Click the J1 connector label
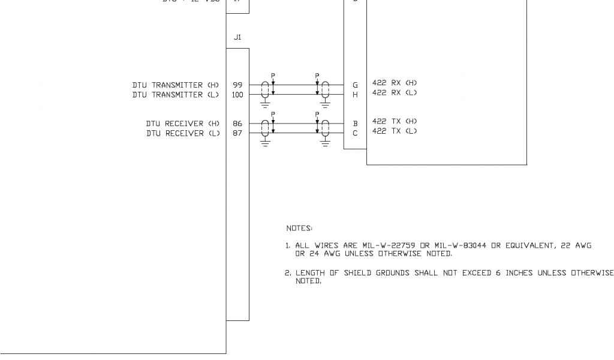pyautogui.click(x=237, y=37)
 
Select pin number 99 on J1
pyautogui.click(x=237, y=85)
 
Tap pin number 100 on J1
pyautogui.click(x=237, y=95)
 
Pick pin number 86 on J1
pyautogui.click(x=237, y=124)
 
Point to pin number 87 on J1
pyautogui.click(x=237, y=133)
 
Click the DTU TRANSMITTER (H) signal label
pyautogui.click(x=176, y=85)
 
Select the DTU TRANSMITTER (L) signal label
pyautogui.click(x=176, y=95)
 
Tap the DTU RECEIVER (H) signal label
pyautogui.click(x=183, y=124)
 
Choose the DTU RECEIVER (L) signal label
pyautogui.click(x=183, y=133)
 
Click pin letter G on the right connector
pyautogui.click(x=355, y=85)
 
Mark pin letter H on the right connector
pyautogui.click(x=355, y=95)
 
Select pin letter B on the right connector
pyautogui.click(x=355, y=124)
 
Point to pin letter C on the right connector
pyautogui.click(x=355, y=133)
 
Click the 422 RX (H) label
pyautogui.click(x=395, y=83)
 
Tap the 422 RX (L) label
pyautogui.click(x=395, y=93)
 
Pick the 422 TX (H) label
pyautogui.click(x=395, y=121)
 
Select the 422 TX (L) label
pyautogui.click(x=395, y=131)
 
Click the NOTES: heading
pyautogui.click(x=299, y=228)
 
